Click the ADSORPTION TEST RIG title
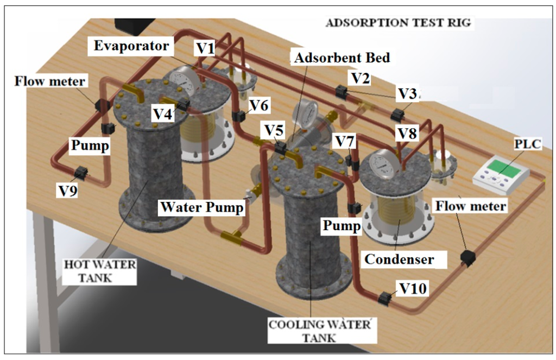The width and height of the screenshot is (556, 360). (x=397, y=23)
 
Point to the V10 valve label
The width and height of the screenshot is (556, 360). (x=413, y=288)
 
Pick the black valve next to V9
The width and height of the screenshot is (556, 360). (x=81, y=173)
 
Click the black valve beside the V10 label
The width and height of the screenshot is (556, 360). (x=386, y=298)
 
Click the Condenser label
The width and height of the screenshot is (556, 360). (x=399, y=259)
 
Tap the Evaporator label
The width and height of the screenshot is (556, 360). (x=131, y=46)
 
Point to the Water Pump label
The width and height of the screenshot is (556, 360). (x=201, y=207)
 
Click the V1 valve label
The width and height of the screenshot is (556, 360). (x=205, y=49)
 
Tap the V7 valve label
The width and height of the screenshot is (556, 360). (x=345, y=142)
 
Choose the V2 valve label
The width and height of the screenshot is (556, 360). (x=359, y=78)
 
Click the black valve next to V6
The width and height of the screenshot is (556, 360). (x=238, y=116)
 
